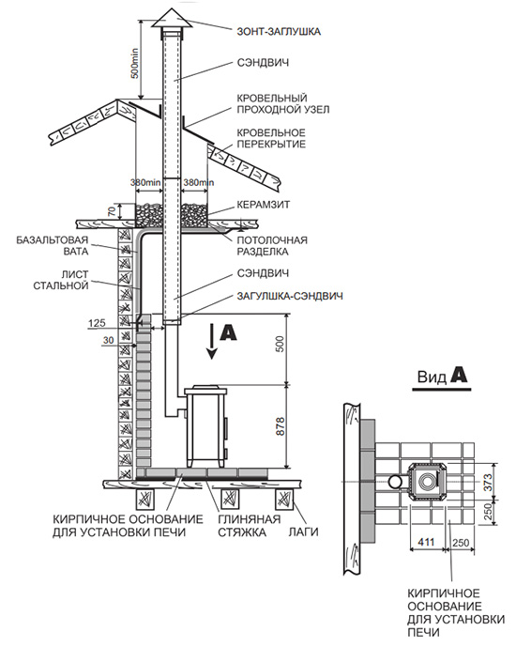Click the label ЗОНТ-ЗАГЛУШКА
pos(279,31)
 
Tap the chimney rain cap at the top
pos(172,19)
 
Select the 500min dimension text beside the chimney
pos(134,63)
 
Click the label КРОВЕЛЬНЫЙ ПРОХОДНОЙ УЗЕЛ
pos(282,104)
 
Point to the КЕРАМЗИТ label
pos(264,205)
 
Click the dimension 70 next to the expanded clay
pos(112,211)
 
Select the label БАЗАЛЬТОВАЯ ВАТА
pos(53,245)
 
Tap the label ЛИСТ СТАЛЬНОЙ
pos(61,280)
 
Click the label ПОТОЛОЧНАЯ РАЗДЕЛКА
pos(272,246)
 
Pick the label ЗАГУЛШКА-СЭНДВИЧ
pos(290,296)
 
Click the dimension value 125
pos(97,323)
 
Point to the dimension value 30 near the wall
pos(108,341)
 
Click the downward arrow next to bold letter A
pos(212,341)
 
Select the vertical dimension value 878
pos(280,426)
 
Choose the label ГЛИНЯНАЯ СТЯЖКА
pos(249,525)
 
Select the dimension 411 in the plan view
pos(426,542)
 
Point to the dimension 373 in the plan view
pos(488,482)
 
